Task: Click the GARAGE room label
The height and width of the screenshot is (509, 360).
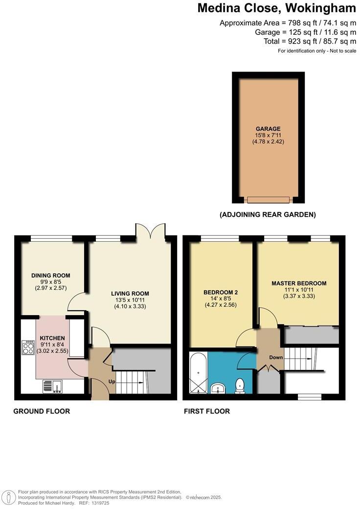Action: click(268, 129)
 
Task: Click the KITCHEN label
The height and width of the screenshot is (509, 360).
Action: click(52, 338)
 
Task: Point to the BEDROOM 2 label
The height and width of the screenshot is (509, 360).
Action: click(221, 293)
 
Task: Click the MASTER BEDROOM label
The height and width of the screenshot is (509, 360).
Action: click(298, 283)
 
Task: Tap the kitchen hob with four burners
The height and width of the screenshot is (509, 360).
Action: click(27, 347)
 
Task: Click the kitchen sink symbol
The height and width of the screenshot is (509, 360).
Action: click(51, 387)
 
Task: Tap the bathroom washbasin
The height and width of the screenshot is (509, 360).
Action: click(218, 389)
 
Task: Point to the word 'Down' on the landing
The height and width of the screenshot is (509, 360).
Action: click(276, 357)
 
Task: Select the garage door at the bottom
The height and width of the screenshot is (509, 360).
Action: click(268, 200)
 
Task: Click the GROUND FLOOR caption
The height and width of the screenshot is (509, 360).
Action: click(42, 411)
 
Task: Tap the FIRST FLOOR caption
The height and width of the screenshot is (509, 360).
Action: click(207, 411)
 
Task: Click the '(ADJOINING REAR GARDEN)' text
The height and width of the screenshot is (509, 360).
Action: click(268, 214)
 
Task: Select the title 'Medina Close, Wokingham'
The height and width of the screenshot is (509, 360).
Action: click(276, 8)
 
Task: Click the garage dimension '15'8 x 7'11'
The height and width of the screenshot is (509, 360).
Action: click(268, 135)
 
